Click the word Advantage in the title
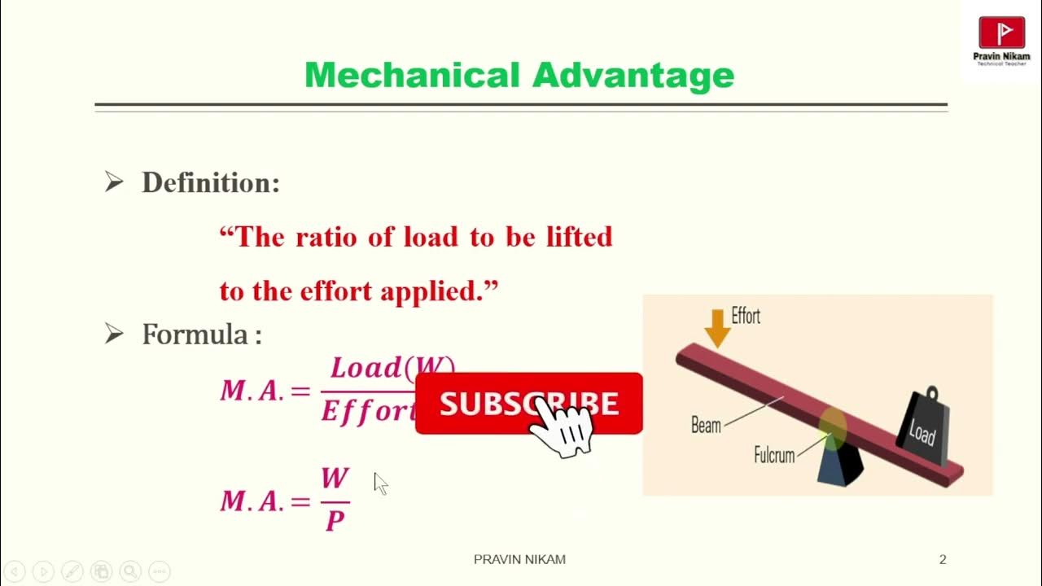point(633,76)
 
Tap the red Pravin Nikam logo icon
point(1001,33)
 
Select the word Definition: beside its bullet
point(211,183)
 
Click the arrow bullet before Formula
point(114,334)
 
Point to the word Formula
point(195,335)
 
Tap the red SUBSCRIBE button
point(488,403)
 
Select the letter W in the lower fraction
point(335,478)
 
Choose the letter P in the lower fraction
point(335,521)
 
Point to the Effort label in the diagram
point(746,316)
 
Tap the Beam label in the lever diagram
point(706,425)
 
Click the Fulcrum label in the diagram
point(773,454)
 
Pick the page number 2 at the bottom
point(943,559)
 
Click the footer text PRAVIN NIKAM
point(519,559)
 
